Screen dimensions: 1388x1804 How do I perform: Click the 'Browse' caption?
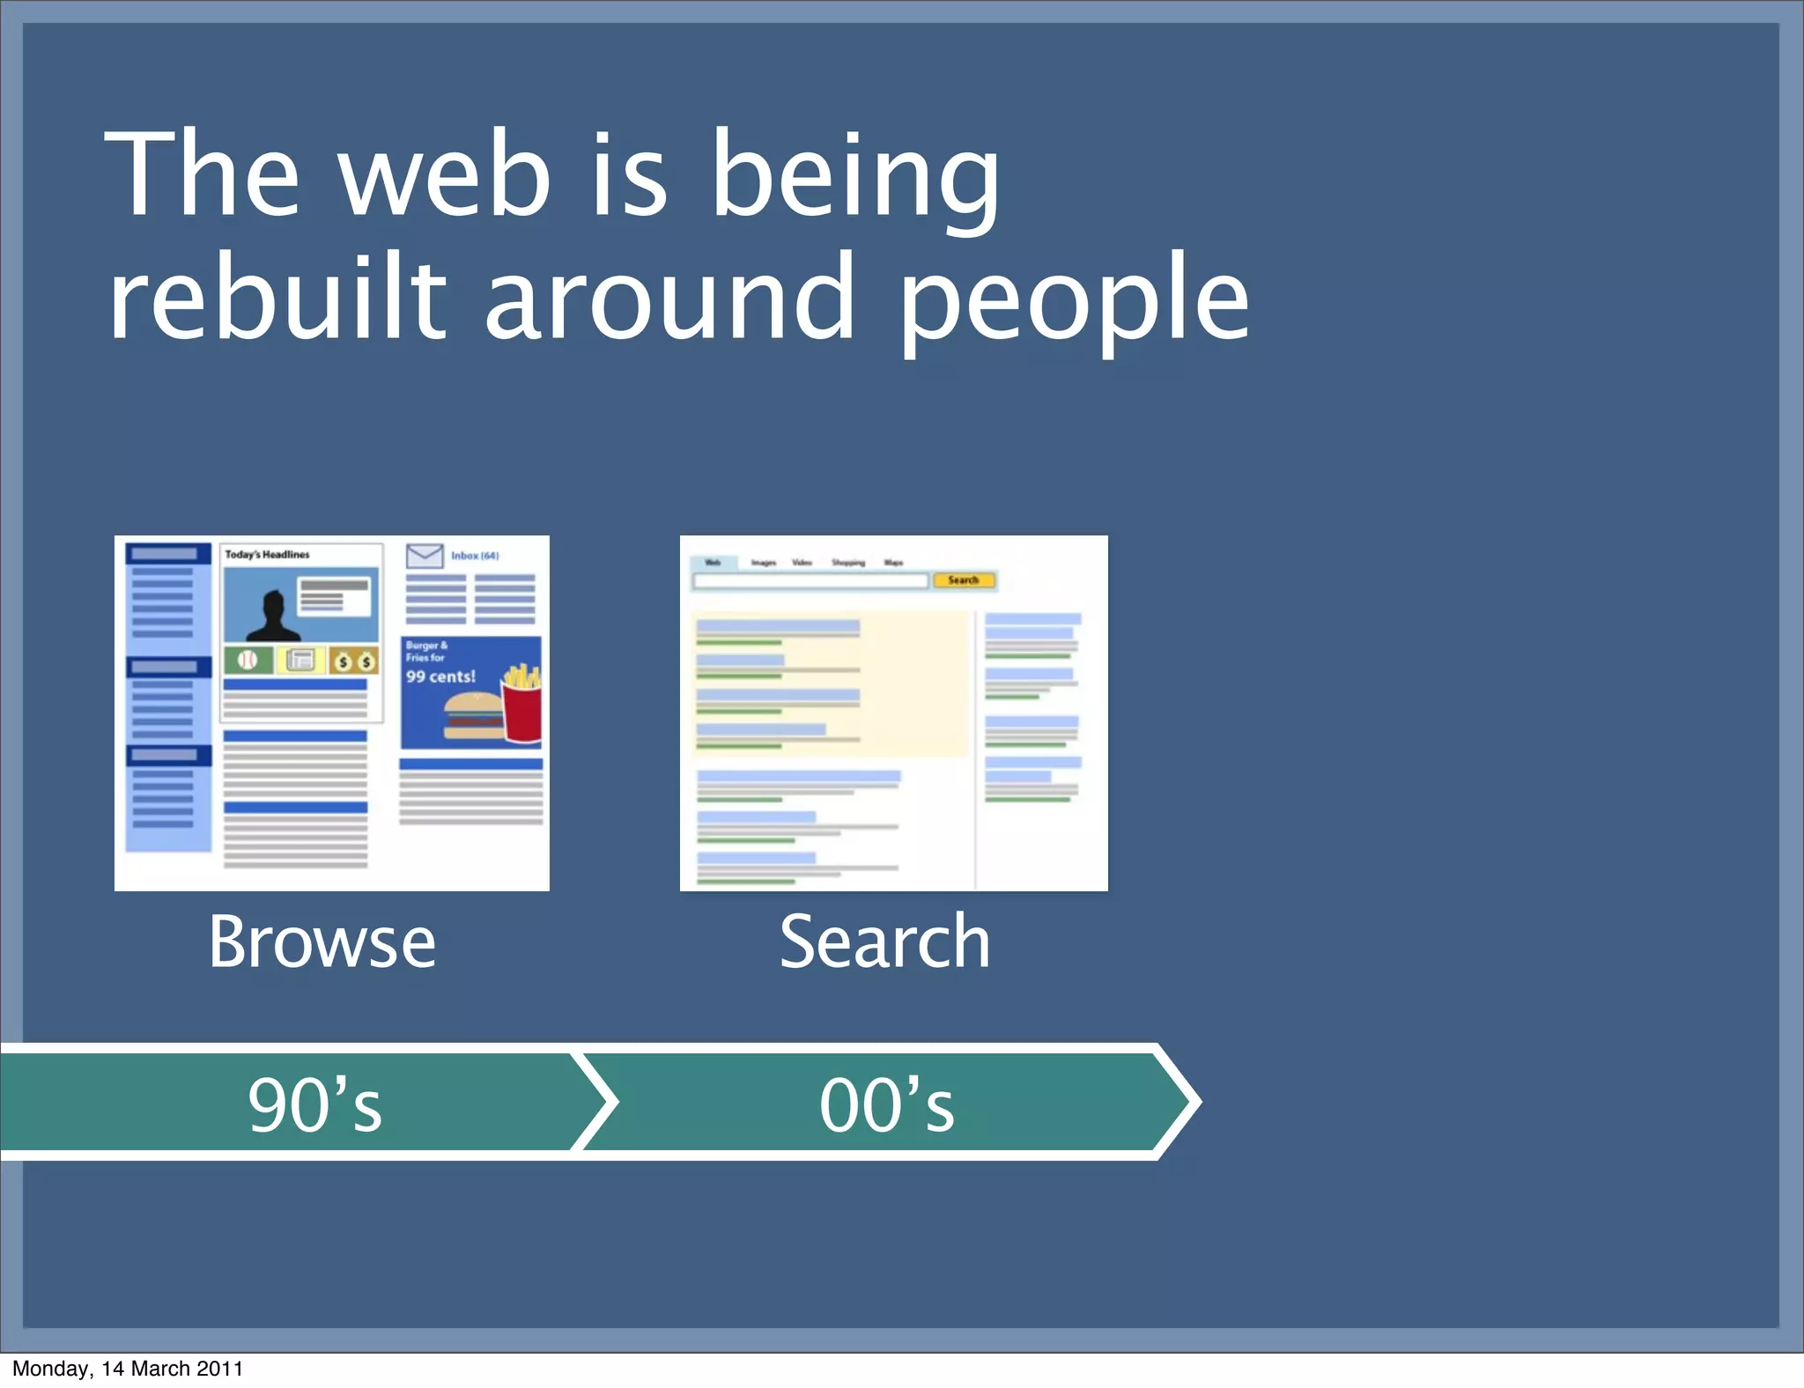point(322,942)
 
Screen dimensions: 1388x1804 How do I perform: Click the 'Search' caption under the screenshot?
point(885,942)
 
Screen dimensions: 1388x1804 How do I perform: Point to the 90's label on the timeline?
point(314,1104)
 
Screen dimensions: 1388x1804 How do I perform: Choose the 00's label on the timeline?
point(886,1104)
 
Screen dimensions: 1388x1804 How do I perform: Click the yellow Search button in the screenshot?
point(964,580)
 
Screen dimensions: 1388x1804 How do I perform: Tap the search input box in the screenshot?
point(810,581)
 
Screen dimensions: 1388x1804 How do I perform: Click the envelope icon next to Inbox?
point(425,556)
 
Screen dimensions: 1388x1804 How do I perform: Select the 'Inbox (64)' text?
point(475,556)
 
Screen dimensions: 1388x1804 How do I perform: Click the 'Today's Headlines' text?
point(267,555)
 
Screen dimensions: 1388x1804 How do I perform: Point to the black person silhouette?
point(274,616)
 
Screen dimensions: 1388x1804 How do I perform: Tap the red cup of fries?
point(521,705)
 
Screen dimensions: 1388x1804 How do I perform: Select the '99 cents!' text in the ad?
point(440,676)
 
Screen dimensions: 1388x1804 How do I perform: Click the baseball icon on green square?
point(248,660)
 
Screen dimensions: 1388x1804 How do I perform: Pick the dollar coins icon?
point(354,661)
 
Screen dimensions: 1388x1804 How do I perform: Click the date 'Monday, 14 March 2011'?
point(128,1369)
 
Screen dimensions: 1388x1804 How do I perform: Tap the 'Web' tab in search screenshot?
point(713,562)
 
